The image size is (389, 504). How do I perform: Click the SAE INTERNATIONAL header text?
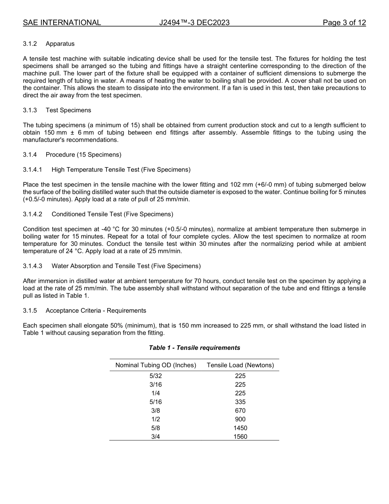click(62, 23)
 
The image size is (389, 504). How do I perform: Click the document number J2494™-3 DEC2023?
click(194, 23)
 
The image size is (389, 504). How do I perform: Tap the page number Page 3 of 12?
click(344, 23)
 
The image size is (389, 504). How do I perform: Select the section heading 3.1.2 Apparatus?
click(49, 44)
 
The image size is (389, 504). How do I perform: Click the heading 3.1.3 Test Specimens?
click(57, 110)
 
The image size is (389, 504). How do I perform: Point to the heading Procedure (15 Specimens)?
click(83, 154)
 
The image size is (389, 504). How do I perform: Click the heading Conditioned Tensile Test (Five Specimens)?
click(112, 214)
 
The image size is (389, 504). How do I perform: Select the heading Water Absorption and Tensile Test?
click(126, 266)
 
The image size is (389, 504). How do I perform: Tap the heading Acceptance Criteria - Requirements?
click(95, 311)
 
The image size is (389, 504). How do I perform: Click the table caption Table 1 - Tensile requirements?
click(194, 348)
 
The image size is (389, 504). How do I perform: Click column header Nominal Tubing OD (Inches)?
click(156, 365)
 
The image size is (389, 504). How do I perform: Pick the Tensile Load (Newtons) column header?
click(240, 365)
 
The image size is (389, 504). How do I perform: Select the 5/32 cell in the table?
click(156, 376)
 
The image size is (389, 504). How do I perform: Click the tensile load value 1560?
click(240, 437)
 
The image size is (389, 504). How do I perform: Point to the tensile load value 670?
click(240, 411)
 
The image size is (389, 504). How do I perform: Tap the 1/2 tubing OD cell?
click(156, 419)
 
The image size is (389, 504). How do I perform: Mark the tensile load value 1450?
click(240, 428)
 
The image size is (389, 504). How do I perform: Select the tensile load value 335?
click(240, 402)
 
